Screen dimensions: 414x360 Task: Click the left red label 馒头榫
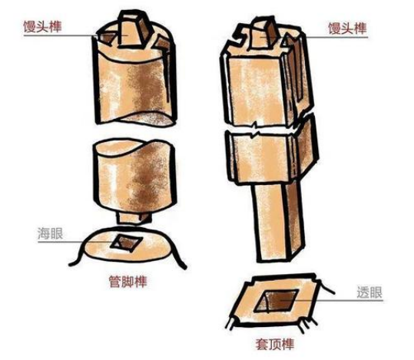(x=42, y=27)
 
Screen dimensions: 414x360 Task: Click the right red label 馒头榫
(x=347, y=28)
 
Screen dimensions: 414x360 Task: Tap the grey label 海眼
(x=51, y=233)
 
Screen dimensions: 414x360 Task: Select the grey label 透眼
(x=369, y=292)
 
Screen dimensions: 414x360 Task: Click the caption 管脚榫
(x=128, y=282)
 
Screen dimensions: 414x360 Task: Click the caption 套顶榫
(x=275, y=344)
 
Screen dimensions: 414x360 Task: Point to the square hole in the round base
(x=126, y=243)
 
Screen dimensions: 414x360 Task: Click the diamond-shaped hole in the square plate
(x=277, y=301)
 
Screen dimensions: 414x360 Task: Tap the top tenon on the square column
(x=265, y=34)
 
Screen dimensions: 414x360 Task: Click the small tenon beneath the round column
(x=134, y=217)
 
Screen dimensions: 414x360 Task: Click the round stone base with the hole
(x=128, y=246)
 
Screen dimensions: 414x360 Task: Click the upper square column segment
(x=267, y=77)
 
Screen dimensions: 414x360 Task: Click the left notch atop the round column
(x=106, y=38)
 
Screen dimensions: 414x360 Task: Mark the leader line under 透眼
(x=331, y=300)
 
